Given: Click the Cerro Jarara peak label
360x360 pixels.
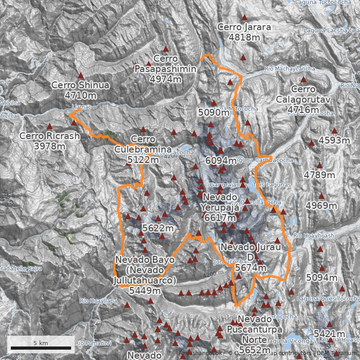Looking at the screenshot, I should click(244, 32).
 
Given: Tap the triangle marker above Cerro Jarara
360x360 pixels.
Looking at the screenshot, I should click(244, 18).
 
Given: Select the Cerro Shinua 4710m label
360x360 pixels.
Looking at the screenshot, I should click(81, 90).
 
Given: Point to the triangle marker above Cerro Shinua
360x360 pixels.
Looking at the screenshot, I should click(81, 76).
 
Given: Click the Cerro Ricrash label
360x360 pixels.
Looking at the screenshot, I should click(49, 141).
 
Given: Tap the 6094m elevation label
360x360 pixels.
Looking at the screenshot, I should click(220, 161).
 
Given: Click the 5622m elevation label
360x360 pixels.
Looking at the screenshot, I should click(157, 229).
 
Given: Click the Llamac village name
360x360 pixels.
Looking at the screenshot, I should click(81, 107).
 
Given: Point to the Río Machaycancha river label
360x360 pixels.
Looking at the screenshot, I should click(290, 69).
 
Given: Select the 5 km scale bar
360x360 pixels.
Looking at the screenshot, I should click(41, 347).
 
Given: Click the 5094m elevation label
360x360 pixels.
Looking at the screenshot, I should click(321, 278).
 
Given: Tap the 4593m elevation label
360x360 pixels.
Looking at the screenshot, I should click(334, 140).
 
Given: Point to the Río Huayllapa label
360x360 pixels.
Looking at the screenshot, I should click(98, 301).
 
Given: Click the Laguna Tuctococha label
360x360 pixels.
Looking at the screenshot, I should click(323, 2).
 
